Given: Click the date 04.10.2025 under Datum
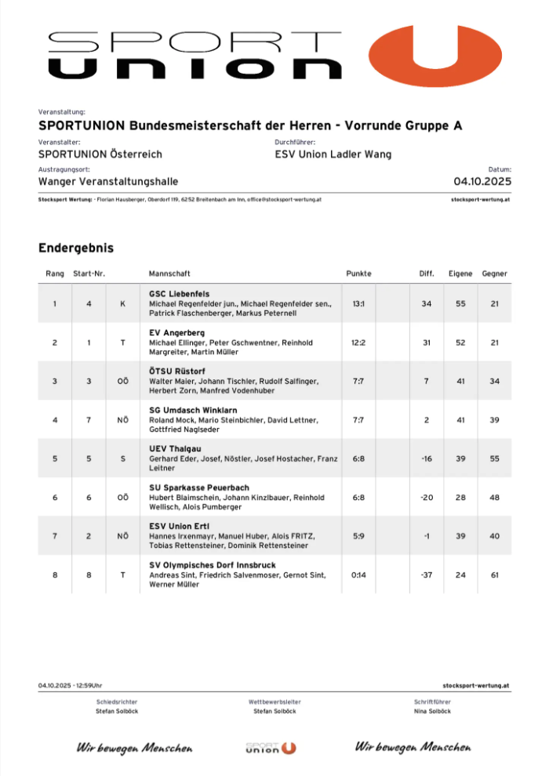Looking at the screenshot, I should (x=482, y=182).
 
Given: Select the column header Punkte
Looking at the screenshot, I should (x=358, y=274).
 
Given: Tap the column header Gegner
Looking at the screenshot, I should (x=494, y=274).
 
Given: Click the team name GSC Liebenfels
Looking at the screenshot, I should (x=179, y=293).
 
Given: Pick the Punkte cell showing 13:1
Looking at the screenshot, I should (x=358, y=303).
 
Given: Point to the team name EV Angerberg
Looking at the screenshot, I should (x=176, y=332).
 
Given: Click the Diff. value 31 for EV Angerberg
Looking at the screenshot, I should (x=427, y=342).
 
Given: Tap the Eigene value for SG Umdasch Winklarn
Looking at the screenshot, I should (x=460, y=419).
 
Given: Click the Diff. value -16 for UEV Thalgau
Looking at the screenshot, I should (x=427, y=458).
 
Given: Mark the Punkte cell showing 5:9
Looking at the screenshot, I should (x=358, y=535).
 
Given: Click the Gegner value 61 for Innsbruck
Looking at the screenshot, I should (x=494, y=575).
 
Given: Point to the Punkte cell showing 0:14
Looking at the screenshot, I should (x=358, y=575).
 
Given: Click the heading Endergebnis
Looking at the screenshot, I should (x=76, y=248).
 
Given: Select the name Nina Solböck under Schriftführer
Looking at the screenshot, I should (x=432, y=711).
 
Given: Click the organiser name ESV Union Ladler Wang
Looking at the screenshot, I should (x=333, y=154).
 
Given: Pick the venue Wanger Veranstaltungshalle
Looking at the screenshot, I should (x=107, y=182).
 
